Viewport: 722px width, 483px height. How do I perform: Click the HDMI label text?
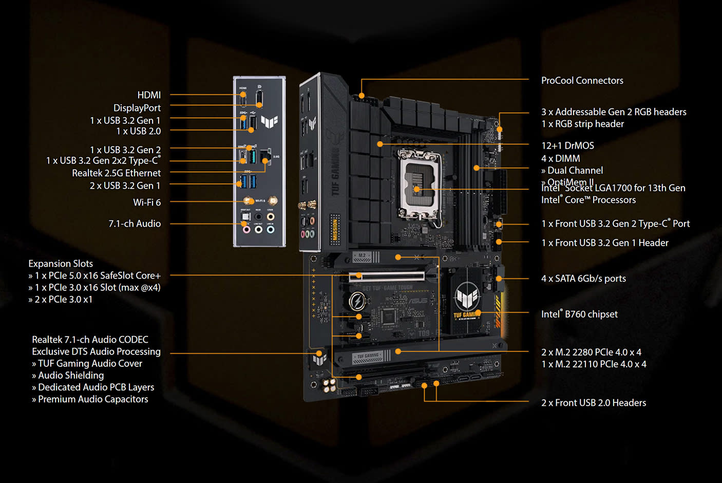(x=149, y=95)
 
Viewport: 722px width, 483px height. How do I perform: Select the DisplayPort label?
(x=137, y=108)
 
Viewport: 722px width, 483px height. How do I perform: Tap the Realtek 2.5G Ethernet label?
(x=116, y=173)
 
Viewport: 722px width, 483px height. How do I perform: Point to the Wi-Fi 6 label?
(x=147, y=202)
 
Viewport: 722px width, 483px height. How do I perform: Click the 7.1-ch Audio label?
(x=135, y=224)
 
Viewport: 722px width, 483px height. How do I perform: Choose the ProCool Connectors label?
(x=582, y=81)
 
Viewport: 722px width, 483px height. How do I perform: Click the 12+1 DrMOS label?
(x=567, y=145)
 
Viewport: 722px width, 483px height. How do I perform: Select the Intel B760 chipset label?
(x=579, y=314)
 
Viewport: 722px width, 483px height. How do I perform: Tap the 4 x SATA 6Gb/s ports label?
(x=583, y=278)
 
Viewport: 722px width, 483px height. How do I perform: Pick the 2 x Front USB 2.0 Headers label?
(x=594, y=403)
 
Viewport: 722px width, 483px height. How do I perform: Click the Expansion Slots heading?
(x=61, y=264)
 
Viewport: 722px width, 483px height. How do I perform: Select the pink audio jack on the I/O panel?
(x=246, y=229)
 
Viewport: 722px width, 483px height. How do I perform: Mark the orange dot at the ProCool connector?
(x=362, y=96)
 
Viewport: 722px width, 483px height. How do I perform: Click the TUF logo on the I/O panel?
(x=269, y=122)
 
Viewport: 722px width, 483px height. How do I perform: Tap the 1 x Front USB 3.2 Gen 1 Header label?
(x=605, y=243)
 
